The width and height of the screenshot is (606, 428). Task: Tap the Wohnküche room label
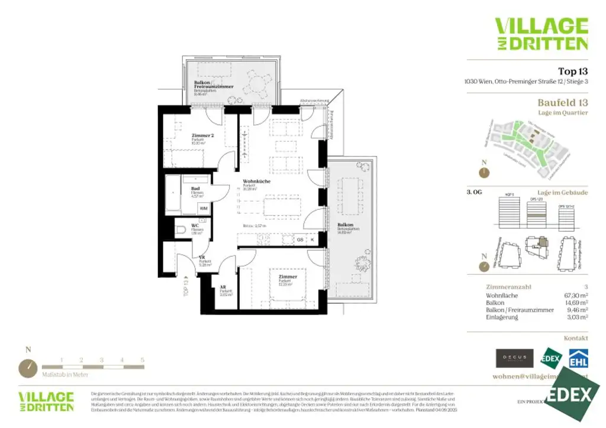[x=256, y=181]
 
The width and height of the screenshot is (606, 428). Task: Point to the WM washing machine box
[x=203, y=209]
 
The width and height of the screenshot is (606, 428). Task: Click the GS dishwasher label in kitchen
[x=300, y=239]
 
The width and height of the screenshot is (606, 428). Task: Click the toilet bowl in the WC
[x=182, y=229]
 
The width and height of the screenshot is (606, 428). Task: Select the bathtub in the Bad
[x=173, y=194]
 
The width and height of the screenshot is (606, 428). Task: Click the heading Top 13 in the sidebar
[x=572, y=71]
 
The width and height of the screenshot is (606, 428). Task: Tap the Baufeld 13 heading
[x=562, y=102]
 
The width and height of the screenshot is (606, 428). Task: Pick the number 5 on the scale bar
[x=143, y=359]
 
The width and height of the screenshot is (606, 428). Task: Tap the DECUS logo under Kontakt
[x=514, y=358]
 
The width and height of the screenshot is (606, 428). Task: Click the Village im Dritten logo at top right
[x=541, y=34]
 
